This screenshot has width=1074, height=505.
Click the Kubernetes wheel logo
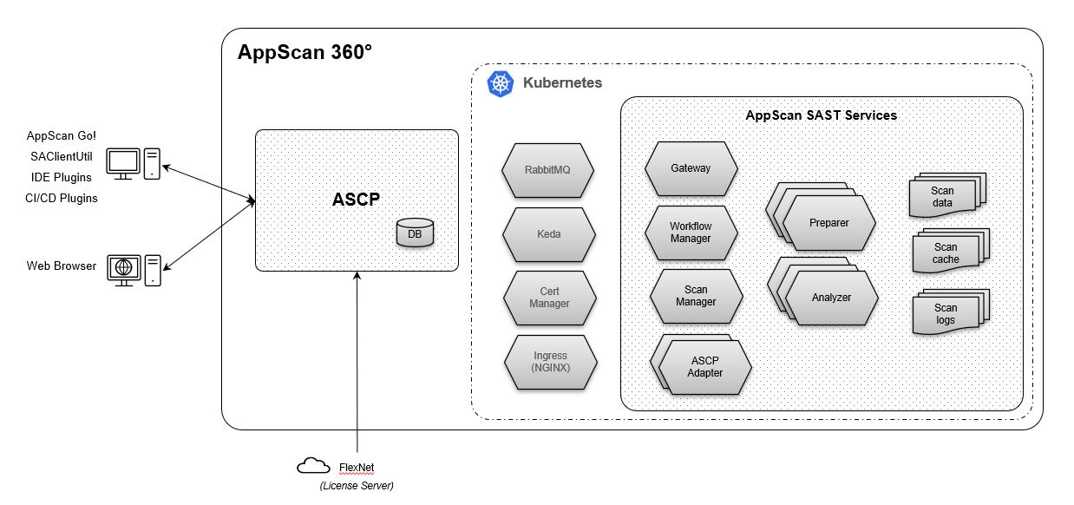point(501,83)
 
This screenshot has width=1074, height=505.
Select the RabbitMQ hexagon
point(548,169)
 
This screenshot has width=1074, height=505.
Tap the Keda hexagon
point(548,234)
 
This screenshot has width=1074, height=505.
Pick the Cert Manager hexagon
point(549,298)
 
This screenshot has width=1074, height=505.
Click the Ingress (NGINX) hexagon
point(550,361)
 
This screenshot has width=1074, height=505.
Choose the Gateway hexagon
point(691,168)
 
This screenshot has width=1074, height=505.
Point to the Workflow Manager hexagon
point(691,233)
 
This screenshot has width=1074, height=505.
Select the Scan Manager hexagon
point(696,296)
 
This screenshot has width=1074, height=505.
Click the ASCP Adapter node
point(704,367)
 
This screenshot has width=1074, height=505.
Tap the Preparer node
point(828,223)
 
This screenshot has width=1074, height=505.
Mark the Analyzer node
point(831,298)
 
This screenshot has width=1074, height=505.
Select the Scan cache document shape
point(946,253)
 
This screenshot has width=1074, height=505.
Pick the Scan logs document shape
point(946,314)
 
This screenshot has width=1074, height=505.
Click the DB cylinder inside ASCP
point(414,233)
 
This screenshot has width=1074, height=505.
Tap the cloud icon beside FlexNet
point(312,467)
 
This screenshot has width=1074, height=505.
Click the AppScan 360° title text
point(305,52)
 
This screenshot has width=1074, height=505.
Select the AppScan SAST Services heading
point(821,115)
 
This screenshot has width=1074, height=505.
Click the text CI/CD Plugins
point(62,198)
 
